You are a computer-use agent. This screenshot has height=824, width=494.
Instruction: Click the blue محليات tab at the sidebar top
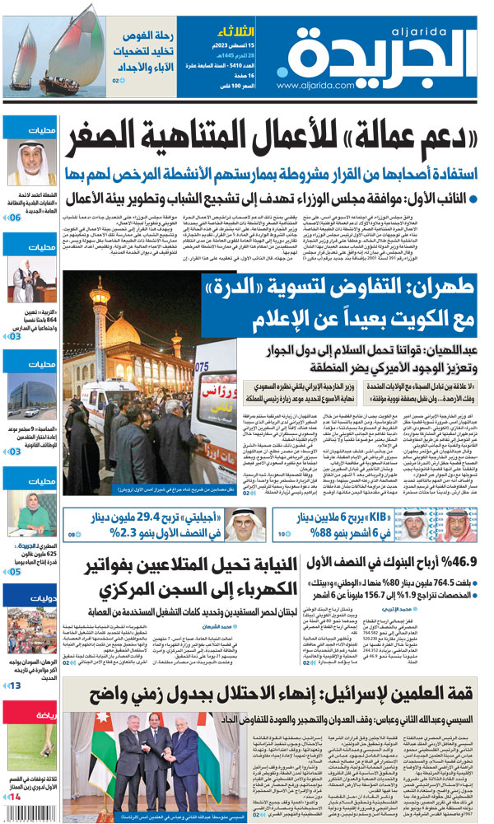(x=29, y=129)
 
